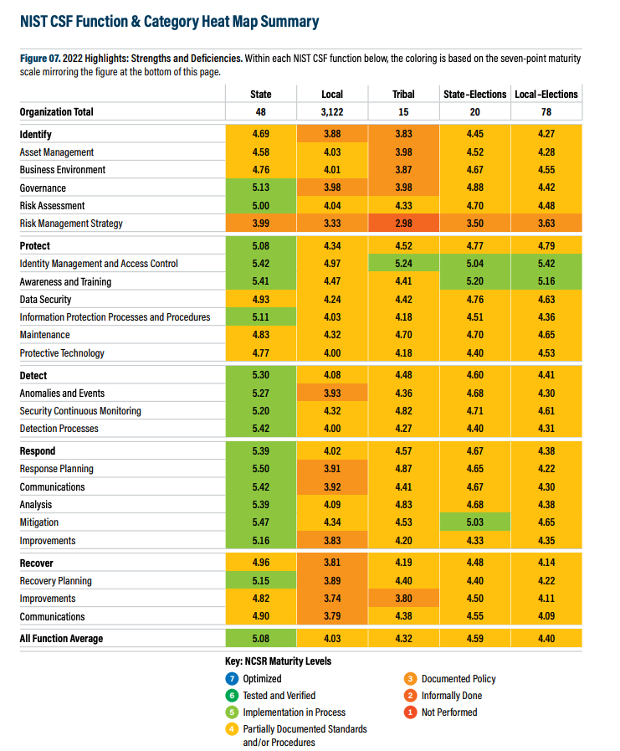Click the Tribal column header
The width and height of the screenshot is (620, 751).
pyautogui.click(x=403, y=94)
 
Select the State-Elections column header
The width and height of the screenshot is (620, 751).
pyautogui.click(x=474, y=94)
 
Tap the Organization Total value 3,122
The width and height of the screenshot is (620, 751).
pyautogui.click(x=332, y=111)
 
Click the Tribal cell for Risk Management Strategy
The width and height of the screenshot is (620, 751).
pyautogui.click(x=403, y=224)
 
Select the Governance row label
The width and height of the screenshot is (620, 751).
pyautogui.click(x=44, y=188)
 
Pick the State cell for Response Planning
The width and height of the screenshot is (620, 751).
pyautogui.click(x=261, y=469)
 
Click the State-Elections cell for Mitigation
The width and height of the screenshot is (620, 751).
pyautogui.click(x=474, y=522)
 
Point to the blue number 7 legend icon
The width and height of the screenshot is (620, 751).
pyautogui.click(x=232, y=679)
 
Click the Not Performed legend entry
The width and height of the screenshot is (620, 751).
pyautogui.click(x=448, y=712)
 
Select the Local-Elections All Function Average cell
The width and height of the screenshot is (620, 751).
pyautogui.click(x=546, y=639)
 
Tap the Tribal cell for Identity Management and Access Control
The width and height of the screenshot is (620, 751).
pyautogui.click(x=403, y=264)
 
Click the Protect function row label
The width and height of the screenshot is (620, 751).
pyautogui.click(x=35, y=245)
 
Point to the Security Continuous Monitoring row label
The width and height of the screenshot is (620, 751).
pyautogui.click(x=80, y=411)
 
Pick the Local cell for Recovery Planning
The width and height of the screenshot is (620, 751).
pyautogui.click(x=332, y=581)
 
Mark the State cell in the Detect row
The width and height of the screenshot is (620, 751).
pyautogui.click(x=261, y=376)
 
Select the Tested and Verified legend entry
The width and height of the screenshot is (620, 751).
pyautogui.click(x=279, y=696)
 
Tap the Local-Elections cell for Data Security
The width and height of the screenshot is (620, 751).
pyautogui.click(x=546, y=300)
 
